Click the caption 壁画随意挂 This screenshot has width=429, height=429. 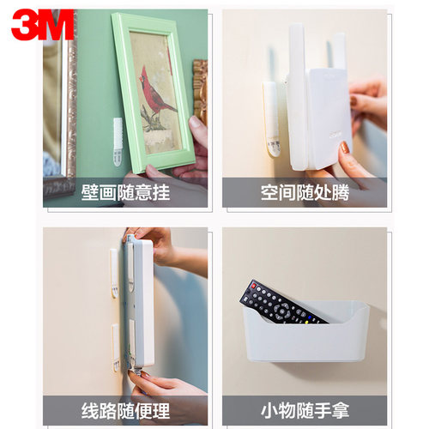tap(125, 191)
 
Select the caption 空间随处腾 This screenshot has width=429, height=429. tap(305, 191)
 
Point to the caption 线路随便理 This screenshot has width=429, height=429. tap(125, 408)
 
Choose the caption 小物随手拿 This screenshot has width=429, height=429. tap(305, 408)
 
